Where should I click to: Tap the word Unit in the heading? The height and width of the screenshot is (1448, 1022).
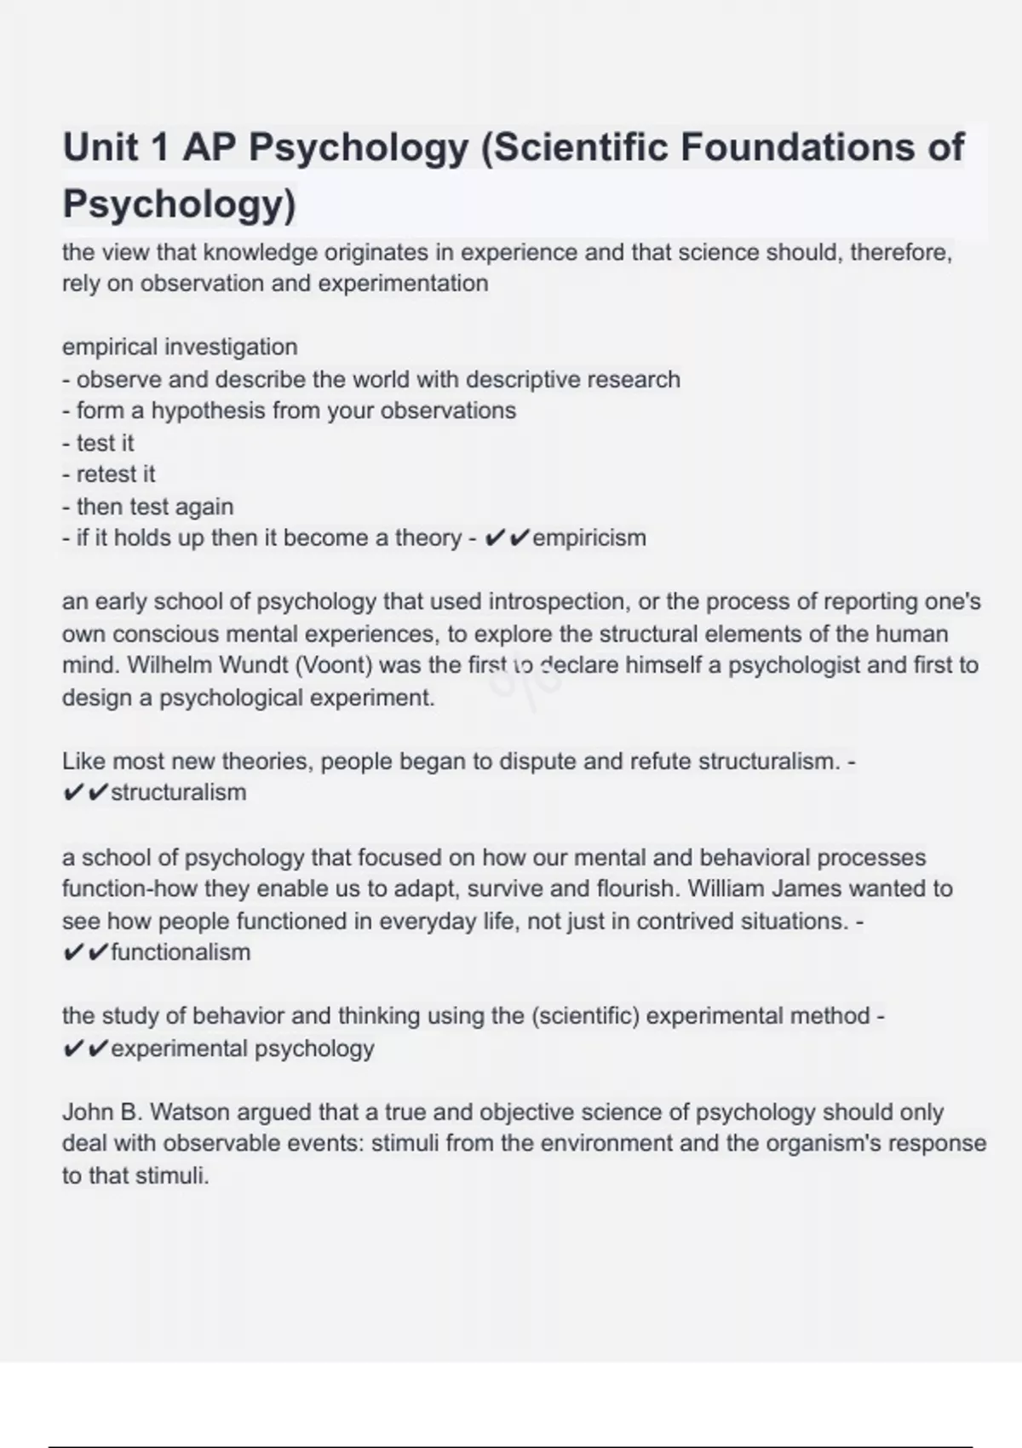[100, 147]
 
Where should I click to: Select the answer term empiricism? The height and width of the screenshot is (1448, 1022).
[589, 538]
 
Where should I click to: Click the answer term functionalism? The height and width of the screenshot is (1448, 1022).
[181, 952]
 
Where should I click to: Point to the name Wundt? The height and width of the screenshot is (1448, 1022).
[254, 665]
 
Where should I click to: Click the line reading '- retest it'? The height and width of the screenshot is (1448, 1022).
[109, 474]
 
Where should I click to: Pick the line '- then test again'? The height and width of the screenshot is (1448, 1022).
[147, 507]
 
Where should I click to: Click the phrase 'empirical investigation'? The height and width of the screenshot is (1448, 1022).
[180, 348]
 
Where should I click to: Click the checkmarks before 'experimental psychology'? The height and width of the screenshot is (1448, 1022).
[85, 1049]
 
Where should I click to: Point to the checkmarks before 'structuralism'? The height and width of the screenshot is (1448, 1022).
[85, 793]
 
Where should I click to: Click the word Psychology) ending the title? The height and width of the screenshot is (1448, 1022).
[179, 204]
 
